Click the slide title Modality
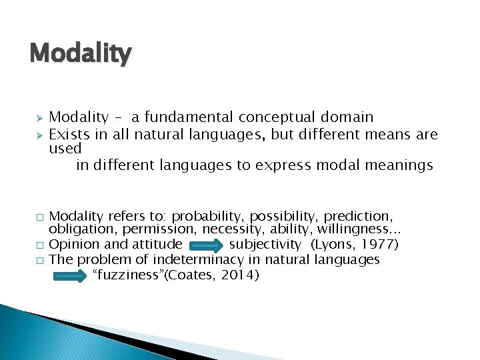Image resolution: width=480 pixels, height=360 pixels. pos(81,53)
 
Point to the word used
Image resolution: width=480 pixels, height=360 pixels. pos(65,148)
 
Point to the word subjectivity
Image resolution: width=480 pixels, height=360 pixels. pos(265,245)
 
